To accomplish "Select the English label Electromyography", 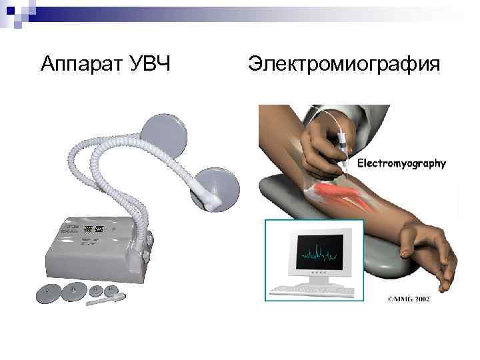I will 402,163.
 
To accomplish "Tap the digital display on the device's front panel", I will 93,229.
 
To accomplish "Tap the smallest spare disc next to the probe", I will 111,289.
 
